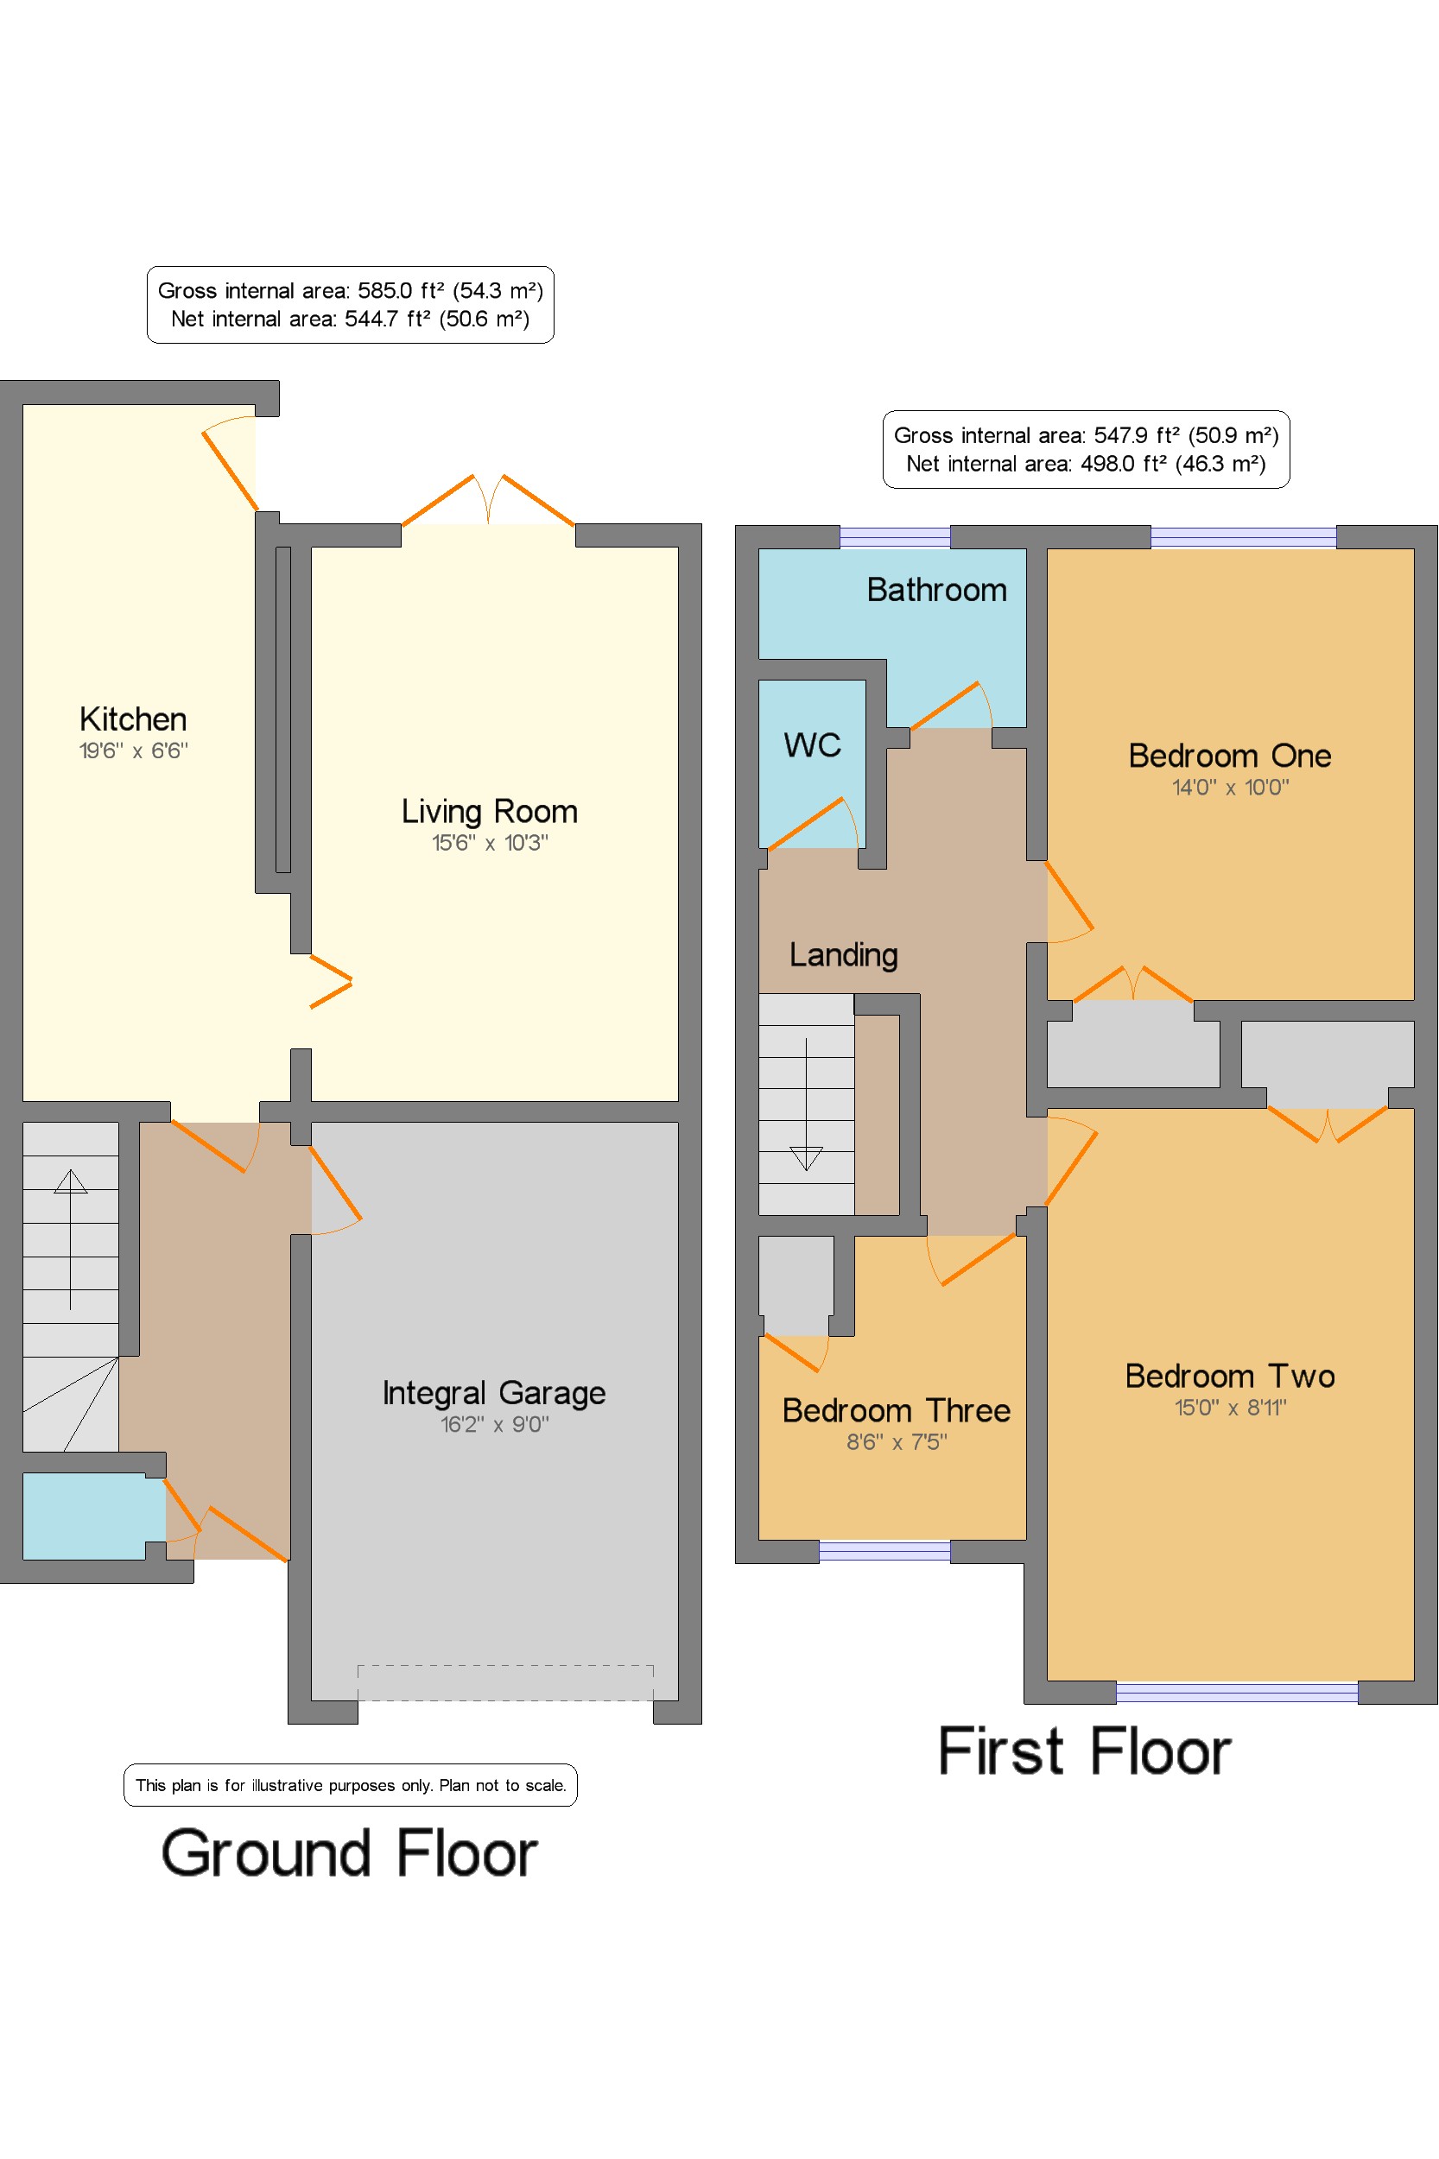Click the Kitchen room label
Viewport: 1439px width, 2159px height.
[x=133, y=719]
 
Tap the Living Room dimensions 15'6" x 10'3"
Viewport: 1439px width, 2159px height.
[x=490, y=842]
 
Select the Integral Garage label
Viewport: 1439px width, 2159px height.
[x=494, y=1393]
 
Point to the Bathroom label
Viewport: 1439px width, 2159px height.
[x=936, y=589]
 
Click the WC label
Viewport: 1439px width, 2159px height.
[x=812, y=744]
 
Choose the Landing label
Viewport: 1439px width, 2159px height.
[x=843, y=955]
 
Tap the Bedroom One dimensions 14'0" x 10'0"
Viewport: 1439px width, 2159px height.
[x=1230, y=787]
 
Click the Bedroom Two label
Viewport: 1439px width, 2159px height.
[x=1230, y=1376]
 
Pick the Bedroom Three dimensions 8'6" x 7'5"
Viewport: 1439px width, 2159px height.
[x=896, y=1441]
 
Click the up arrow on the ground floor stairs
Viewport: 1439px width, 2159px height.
[x=71, y=1238]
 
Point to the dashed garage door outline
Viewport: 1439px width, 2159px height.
[x=505, y=1683]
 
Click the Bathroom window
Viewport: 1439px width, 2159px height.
[x=895, y=537]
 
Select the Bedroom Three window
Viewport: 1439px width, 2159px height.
[x=884, y=1552]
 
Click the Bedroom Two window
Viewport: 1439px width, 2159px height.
[x=1236, y=1692]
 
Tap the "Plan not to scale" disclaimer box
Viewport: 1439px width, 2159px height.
[x=351, y=1785]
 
